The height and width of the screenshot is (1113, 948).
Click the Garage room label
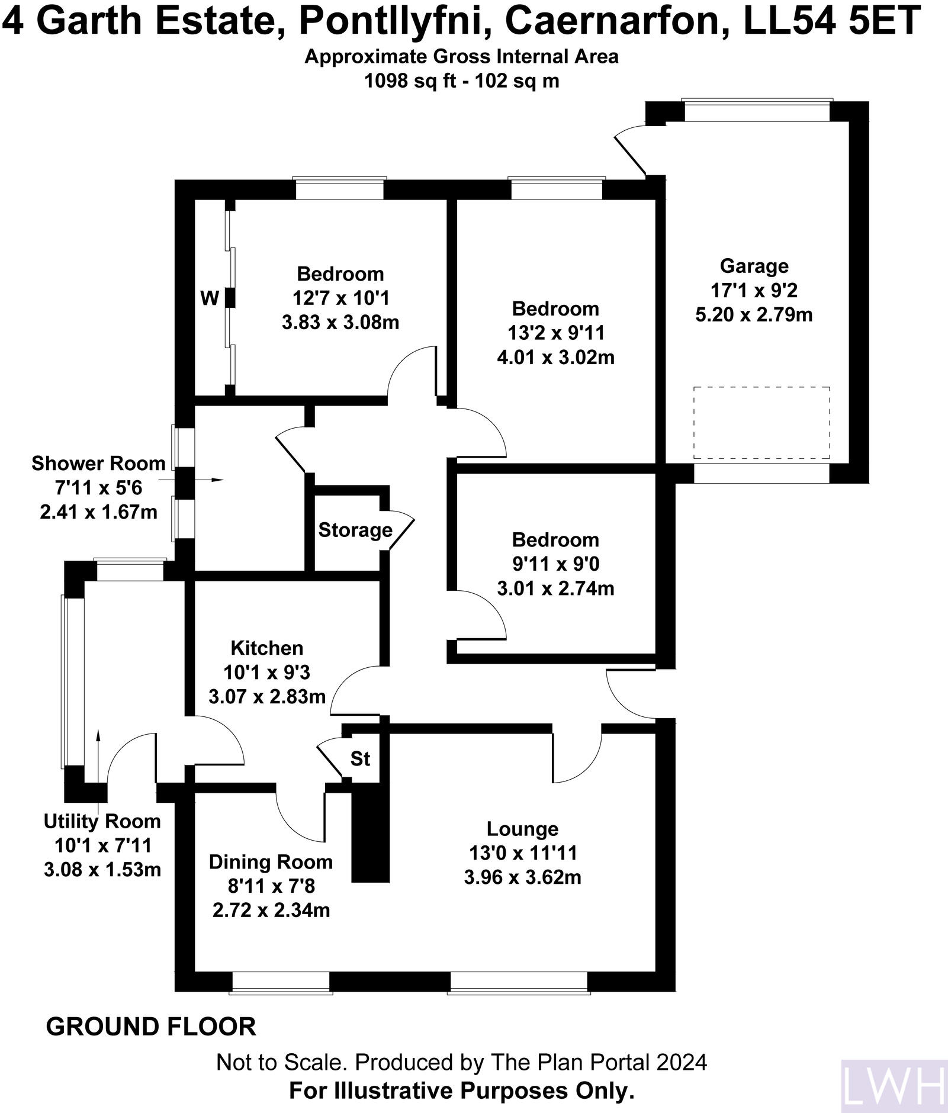tap(754, 266)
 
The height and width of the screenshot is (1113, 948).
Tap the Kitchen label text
tap(266, 648)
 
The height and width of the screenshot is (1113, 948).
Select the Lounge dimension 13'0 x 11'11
tap(522, 853)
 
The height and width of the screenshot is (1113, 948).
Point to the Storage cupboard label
tap(355, 529)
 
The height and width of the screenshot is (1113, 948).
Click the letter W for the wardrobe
tap(209, 298)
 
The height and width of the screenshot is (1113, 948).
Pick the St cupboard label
tap(360, 758)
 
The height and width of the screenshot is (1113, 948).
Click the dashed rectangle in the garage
tap(761, 423)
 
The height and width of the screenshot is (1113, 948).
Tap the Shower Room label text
tap(98, 463)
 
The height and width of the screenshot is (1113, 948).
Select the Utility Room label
tap(102, 821)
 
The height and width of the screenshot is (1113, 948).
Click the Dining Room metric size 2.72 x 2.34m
tap(271, 909)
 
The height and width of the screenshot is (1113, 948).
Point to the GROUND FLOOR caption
tap(151, 1026)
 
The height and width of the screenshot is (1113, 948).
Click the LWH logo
tap(894, 1086)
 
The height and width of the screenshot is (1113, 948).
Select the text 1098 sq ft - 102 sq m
tap(461, 80)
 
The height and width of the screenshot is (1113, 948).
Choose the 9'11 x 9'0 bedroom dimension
tap(555, 564)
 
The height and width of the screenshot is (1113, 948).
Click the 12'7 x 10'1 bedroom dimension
tap(340, 298)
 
